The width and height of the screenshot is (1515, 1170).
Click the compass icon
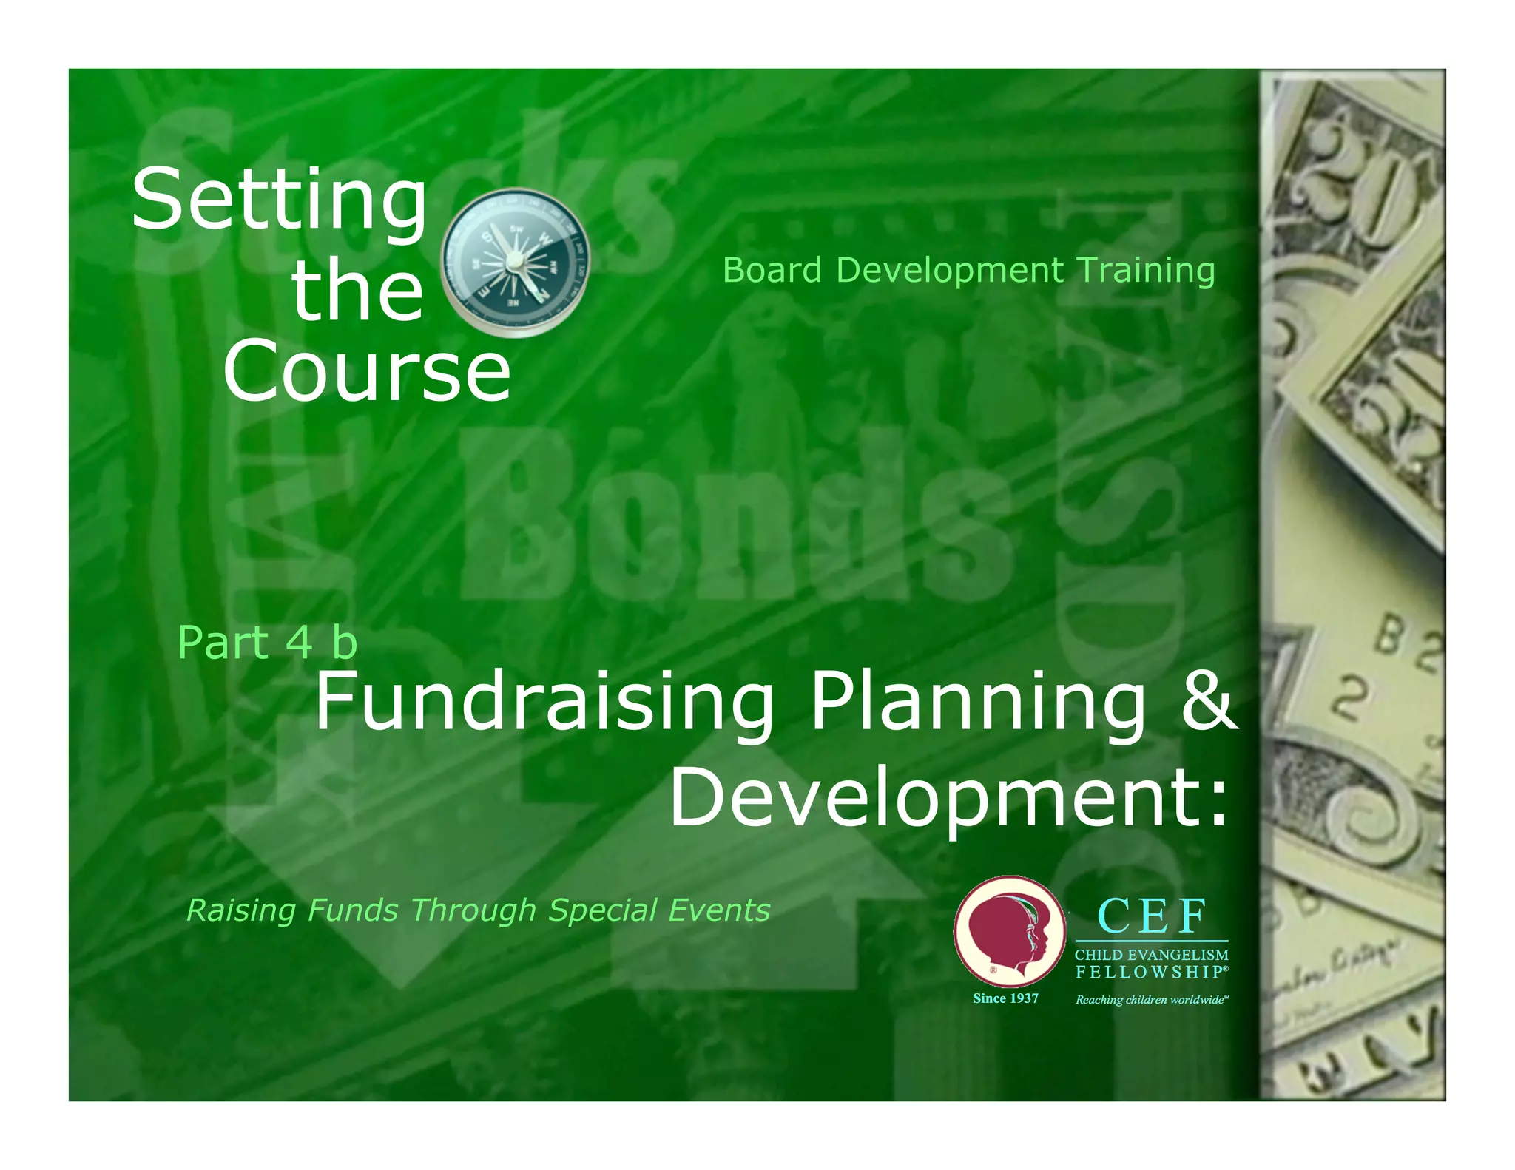[515, 262]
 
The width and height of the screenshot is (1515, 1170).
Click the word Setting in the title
[279, 200]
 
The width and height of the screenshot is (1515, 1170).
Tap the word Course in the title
[367, 371]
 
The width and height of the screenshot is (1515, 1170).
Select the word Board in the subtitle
[772, 270]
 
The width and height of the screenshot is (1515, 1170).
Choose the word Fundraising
[544, 703]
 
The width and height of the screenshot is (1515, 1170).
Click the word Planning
[978, 703]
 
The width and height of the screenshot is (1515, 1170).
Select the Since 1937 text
[1005, 998]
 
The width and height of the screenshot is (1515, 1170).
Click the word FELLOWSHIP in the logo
[1148, 972]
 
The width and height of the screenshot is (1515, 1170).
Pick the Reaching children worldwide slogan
[1151, 1000]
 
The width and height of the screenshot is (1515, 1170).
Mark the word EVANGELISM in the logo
[1178, 956]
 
